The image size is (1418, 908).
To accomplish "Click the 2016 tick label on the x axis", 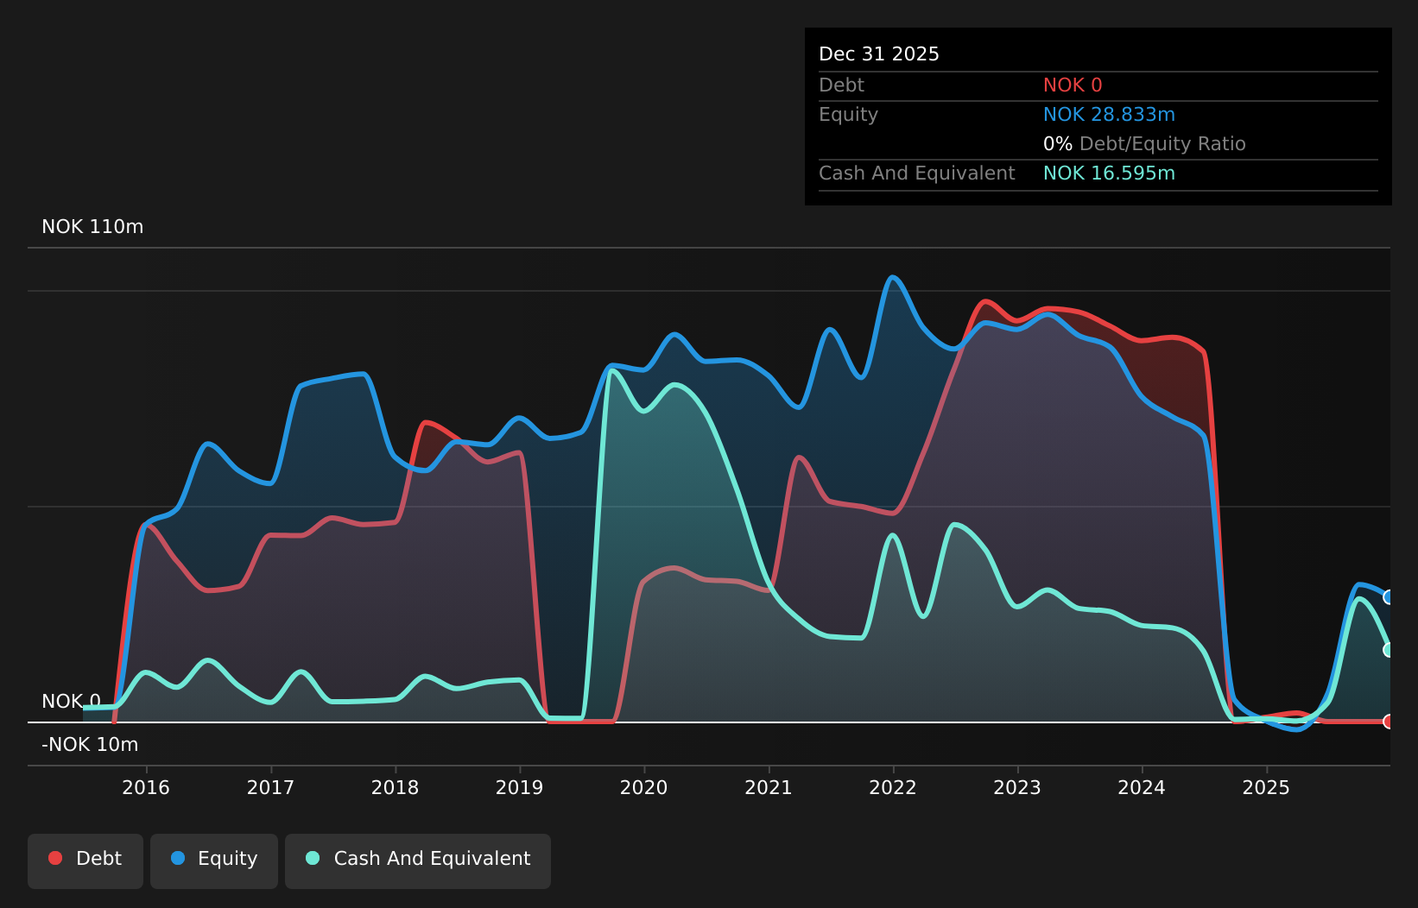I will (x=146, y=787).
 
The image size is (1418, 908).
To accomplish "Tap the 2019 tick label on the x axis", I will (x=519, y=787).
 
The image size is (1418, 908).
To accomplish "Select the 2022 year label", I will (x=892, y=787).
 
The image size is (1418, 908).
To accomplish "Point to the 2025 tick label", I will (x=1265, y=787).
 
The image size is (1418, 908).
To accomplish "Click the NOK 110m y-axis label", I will (x=92, y=227).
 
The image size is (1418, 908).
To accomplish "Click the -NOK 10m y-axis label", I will (x=90, y=744).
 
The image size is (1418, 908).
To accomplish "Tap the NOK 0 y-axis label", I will (x=71, y=701).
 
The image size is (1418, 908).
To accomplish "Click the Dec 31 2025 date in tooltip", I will (x=878, y=54).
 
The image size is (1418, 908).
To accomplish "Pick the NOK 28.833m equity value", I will (x=1108, y=115).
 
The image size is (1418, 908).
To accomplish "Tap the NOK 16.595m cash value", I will (x=1108, y=173).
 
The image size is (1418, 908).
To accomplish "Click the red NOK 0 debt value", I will (x=1072, y=85).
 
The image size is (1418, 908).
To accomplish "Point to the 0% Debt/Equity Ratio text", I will (x=1143, y=144).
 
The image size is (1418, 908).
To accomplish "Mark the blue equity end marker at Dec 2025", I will (x=1389, y=597).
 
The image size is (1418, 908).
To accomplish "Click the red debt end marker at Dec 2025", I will (x=1389, y=722).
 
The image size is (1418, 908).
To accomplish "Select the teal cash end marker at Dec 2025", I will (x=1389, y=650).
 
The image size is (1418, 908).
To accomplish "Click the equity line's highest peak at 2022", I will (x=893, y=277).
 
